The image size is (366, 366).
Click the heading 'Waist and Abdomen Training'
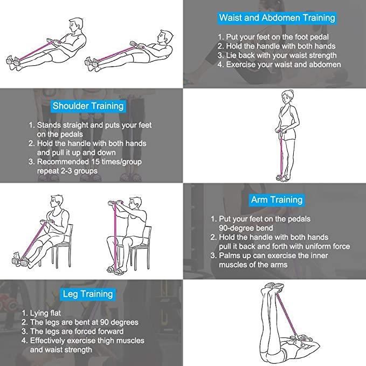(x=277, y=18)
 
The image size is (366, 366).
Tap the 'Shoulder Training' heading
(x=88, y=106)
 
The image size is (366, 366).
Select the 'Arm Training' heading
(x=277, y=200)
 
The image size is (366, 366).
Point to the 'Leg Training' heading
(x=88, y=294)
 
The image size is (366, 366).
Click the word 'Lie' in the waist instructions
(x=231, y=56)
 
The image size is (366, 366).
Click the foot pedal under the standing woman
(x=282, y=178)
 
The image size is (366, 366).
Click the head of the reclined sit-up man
(x=165, y=37)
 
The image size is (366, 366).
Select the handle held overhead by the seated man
(x=115, y=202)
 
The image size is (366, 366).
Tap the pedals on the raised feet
(x=273, y=286)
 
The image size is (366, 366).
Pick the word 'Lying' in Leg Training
(x=38, y=313)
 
